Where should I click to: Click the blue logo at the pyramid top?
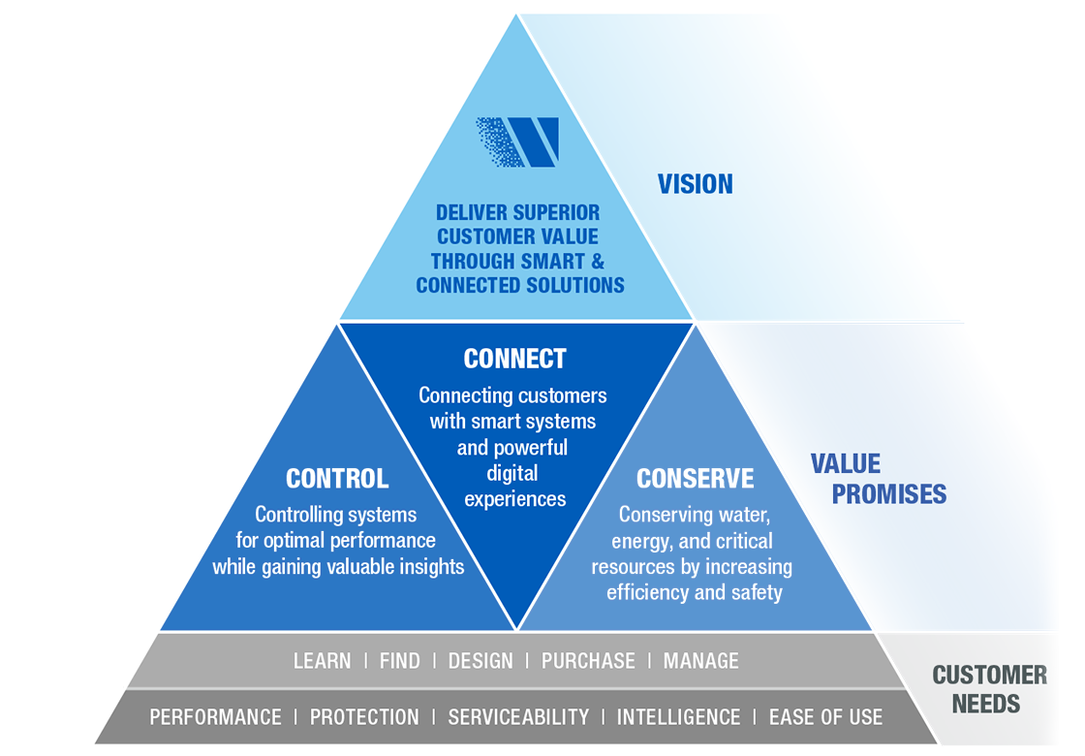(x=517, y=142)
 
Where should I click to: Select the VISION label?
(x=695, y=184)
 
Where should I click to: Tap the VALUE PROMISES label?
(x=878, y=479)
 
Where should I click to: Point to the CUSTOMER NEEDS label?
(x=989, y=689)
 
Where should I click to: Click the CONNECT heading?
(x=514, y=359)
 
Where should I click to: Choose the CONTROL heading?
(x=337, y=479)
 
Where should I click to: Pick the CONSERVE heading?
(x=695, y=479)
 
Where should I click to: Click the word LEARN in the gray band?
(x=322, y=661)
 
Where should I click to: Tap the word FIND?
(x=399, y=661)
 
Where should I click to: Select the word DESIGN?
(x=480, y=661)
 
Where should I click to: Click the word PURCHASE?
(x=588, y=661)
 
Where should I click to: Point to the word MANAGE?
(x=700, y=661)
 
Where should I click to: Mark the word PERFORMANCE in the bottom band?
(x=215, y=717)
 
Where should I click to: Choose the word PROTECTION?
(x=364, y=717)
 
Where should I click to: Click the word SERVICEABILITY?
(x=518, y=717)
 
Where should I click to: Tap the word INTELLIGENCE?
(x=678, y=717)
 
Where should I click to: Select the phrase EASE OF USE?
(x=825, y=717)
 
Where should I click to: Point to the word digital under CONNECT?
(x=513, y=474)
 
